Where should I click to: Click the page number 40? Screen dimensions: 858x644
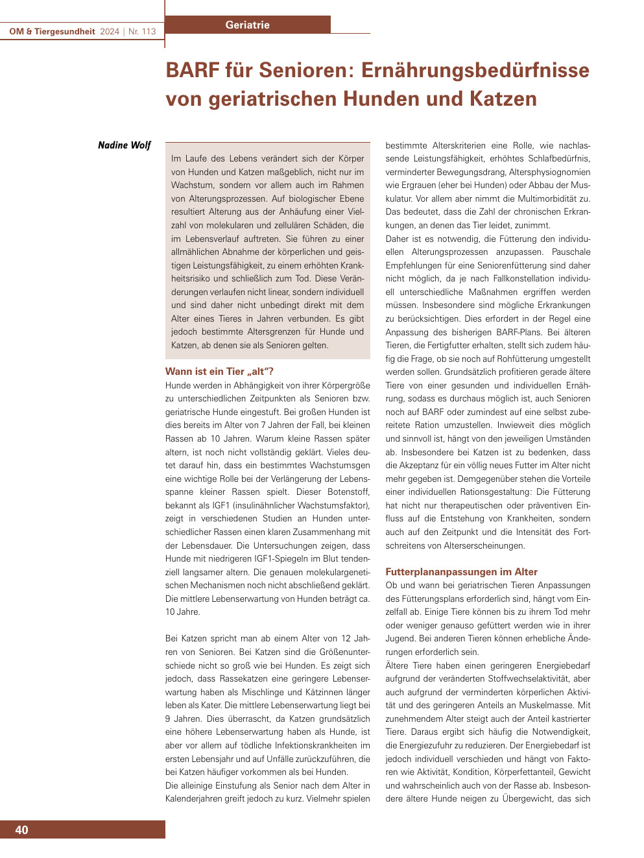pos(21,830)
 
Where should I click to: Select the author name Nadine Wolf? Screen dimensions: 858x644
pos(124,145)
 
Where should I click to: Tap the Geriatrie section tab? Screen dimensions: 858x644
pos(247,25)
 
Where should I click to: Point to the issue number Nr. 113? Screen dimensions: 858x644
pos(142,31)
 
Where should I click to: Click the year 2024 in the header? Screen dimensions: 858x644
pos(110,31)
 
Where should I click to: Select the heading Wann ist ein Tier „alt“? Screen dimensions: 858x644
pos(219,372)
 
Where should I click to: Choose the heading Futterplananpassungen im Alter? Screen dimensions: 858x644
pos(461,572)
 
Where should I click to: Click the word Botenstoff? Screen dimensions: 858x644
pos(349,492)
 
